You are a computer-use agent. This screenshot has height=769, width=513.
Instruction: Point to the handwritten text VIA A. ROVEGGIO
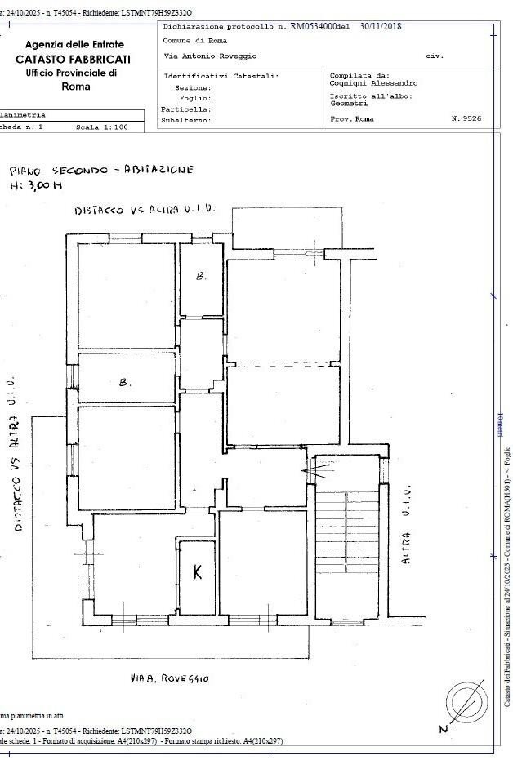tap(170, 678)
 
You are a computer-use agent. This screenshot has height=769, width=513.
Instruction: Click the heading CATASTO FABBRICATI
tap(74, 60)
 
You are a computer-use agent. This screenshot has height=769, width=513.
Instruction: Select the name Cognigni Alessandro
tap(373, 83)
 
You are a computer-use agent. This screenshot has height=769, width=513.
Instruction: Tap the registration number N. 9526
tap(466, 119)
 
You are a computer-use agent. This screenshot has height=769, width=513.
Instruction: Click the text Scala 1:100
tap(102, 127)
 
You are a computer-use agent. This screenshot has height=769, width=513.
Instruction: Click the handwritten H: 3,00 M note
tap(34, 187)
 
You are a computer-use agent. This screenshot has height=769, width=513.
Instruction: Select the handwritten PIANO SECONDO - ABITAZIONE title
tap(101, 171)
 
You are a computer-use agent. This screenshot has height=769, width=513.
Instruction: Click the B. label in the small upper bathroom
tap(201, 276)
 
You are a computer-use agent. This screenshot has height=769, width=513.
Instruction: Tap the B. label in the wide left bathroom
tap(125, 381)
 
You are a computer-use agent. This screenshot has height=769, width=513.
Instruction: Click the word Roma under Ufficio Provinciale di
tap(76, 87)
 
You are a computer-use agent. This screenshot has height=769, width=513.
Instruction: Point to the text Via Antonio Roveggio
tap(209, 56)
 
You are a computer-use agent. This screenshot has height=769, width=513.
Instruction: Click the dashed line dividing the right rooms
tap(282, 362)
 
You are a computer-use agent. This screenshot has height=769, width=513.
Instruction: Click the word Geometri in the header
tap(348, 104)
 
